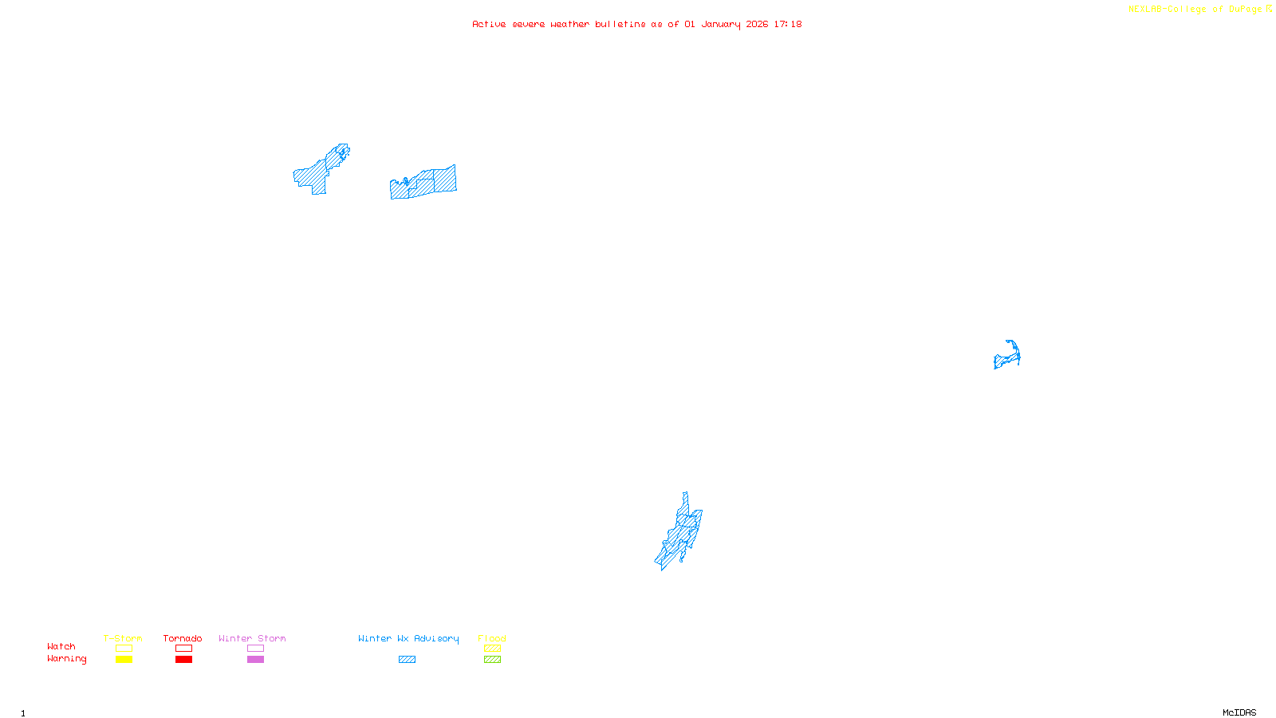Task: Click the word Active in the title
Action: (x=488, y=24)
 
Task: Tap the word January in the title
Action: (x=721, y=24)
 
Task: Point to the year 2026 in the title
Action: (x=758, y=24)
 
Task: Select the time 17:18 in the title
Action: (x=788, y=24)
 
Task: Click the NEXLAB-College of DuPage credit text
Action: (x=1195, y=10)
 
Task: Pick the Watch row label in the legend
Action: (x=61, y=647)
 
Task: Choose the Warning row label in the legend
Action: (x=67, y=659)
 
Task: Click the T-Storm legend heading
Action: (x=123, y=638)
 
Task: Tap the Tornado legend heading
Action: (x=183, y=638)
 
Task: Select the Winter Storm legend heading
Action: (x=252, y=638)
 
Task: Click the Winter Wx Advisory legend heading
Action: (x=408, y=638)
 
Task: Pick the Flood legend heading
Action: (x=492, y=638)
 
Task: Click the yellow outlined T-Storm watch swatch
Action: (x=124, y=649)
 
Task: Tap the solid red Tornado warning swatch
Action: (x=183, y=660)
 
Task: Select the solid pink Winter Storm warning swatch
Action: (x=255, y=660)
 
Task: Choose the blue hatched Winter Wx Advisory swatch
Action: (x=407, y=660)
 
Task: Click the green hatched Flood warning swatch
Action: (x=492, y=660)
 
